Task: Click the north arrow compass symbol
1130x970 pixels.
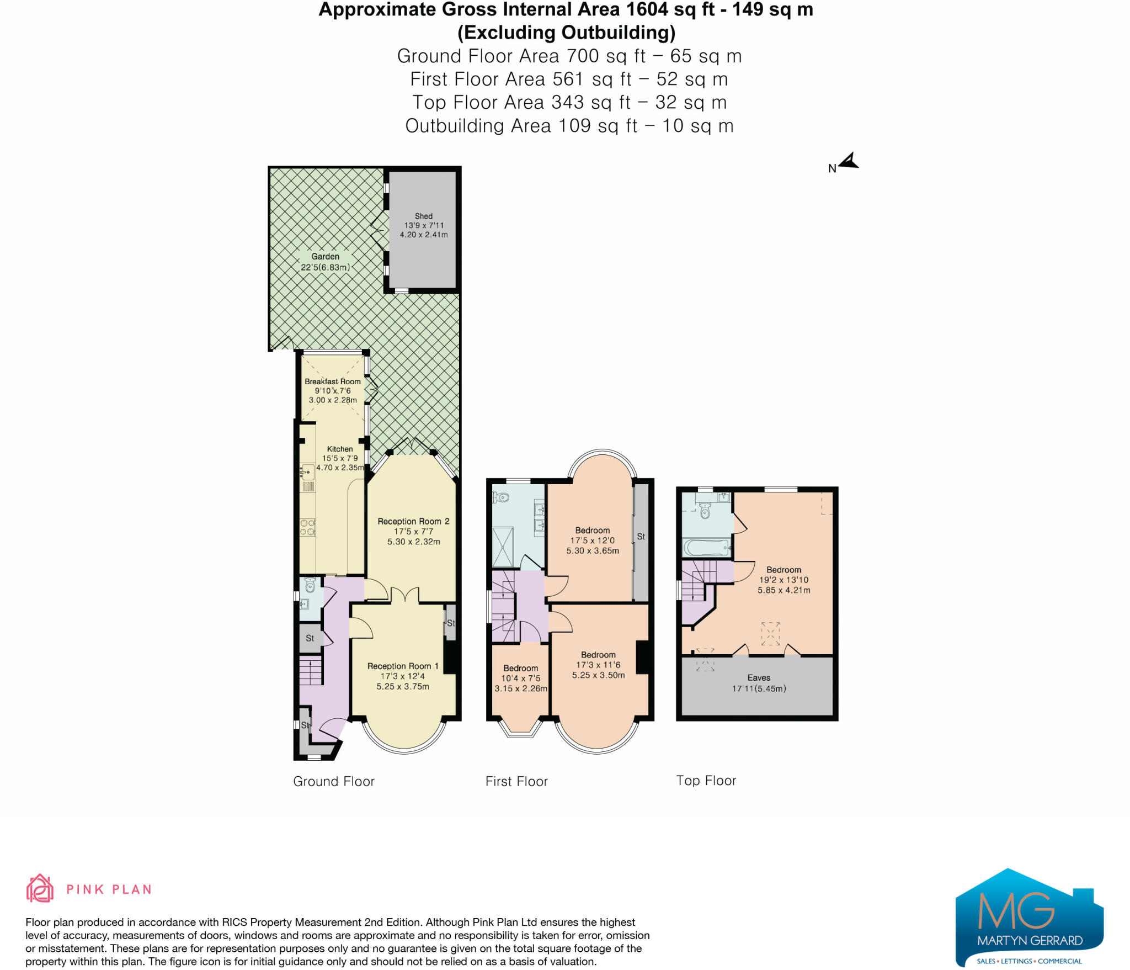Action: pyautogui.click(x=849, y=162)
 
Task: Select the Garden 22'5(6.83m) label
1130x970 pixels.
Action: pyautogui.click(x=325, y=262)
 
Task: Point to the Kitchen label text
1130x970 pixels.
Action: pyautogui.click(x=340, y=449)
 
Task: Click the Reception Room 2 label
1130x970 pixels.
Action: pyautogui.click(x=413, y=521)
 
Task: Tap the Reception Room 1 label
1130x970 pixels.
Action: pyautogui.click(x=403, y=666)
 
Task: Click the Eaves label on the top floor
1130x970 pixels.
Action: pyautogui.click(x=759, y=678)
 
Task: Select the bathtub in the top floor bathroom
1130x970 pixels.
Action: pyautogui.click(x=707, y=548)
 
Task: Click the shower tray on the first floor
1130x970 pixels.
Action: pyautogui.click(x=503, y=547)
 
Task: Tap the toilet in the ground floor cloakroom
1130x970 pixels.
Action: pyautogui.click(x=310, y=585)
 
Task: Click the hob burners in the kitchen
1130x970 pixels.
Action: pyautogui.click(x=307, y=527)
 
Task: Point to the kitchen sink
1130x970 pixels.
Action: pyautogui.click(x=307, y=472)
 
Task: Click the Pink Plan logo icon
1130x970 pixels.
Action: pyautogui.click(x=40, y=888)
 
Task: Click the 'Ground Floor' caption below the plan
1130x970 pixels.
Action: pyautogui.click(x=334, y=781)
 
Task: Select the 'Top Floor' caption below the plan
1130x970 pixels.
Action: pyautogui.click(x=706, y=781)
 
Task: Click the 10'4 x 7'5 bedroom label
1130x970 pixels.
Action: pyautogui.click(x=520, y=679)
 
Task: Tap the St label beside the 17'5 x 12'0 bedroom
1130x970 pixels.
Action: pyautogui.click(x=641, y=536)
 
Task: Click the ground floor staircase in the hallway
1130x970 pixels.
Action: pyautogui.click(x=311, y=670)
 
